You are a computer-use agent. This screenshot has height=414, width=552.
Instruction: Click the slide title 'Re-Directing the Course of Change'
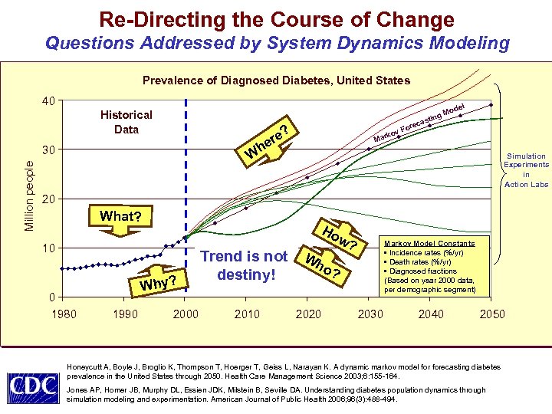click(x=276, y=19)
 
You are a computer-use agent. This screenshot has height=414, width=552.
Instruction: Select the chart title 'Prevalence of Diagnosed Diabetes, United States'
click(x=276, y=80)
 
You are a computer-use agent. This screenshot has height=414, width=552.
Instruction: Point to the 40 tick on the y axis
click(x=48, y=100)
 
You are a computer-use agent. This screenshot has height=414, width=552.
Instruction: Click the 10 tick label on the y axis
click(x=48, y=248)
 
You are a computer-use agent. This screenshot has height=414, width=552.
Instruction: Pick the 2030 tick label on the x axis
click(x=370, y=314)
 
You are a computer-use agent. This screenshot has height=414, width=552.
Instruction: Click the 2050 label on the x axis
click(x=491, y=314)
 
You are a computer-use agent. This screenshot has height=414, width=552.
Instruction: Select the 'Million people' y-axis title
click(x=29, y=195)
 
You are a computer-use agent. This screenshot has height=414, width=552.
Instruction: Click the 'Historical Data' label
click(x=127, y=122)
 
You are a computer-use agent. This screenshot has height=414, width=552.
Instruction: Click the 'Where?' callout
click(x=267, y=140)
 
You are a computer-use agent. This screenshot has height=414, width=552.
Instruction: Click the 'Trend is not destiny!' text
click(x=243, y=264)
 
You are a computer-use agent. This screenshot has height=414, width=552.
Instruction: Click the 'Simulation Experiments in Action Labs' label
click(x=526, y=170)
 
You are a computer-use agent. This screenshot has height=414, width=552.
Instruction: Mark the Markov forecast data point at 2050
click(x=491, y=105)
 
